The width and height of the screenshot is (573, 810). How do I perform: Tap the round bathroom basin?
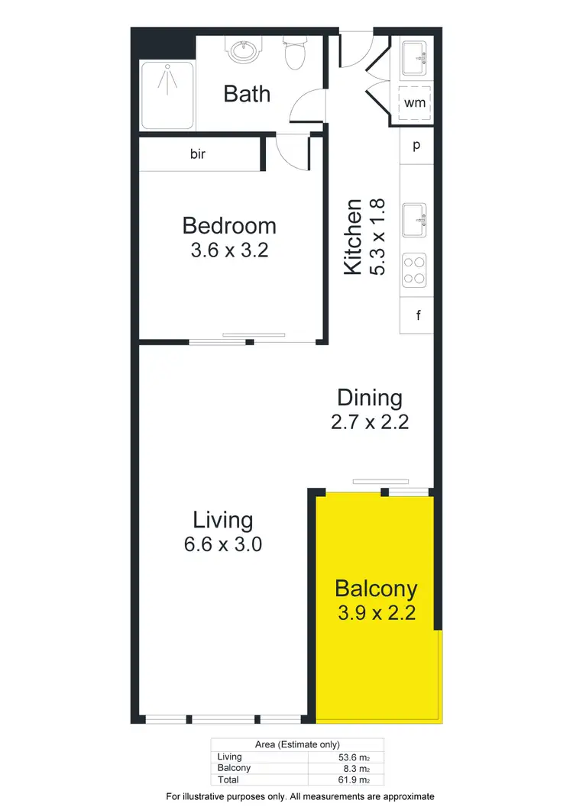(243, 51)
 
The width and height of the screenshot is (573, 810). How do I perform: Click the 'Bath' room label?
(247, 94)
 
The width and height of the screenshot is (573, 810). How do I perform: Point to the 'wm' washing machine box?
(414, 102)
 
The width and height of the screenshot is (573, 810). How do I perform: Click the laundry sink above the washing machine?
(415, 57)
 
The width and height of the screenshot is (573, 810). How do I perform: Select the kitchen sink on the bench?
(416, 220)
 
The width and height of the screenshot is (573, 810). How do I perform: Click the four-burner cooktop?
(415, 269)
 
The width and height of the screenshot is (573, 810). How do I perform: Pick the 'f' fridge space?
(418, 315)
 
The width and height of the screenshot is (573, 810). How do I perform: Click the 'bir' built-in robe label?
(198, 153)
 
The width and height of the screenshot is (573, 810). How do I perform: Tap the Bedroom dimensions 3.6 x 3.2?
(229, 250)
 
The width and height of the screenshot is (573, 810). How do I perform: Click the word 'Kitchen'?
(353, 237)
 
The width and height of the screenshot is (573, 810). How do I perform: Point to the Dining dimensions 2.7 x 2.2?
(370, 421)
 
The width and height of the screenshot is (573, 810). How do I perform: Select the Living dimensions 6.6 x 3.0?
(222, 544)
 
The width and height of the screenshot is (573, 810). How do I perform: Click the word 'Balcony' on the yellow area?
(376, 589)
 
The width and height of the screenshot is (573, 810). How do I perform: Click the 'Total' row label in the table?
(228, 780)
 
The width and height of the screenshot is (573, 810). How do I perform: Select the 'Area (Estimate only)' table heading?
(297, 744)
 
